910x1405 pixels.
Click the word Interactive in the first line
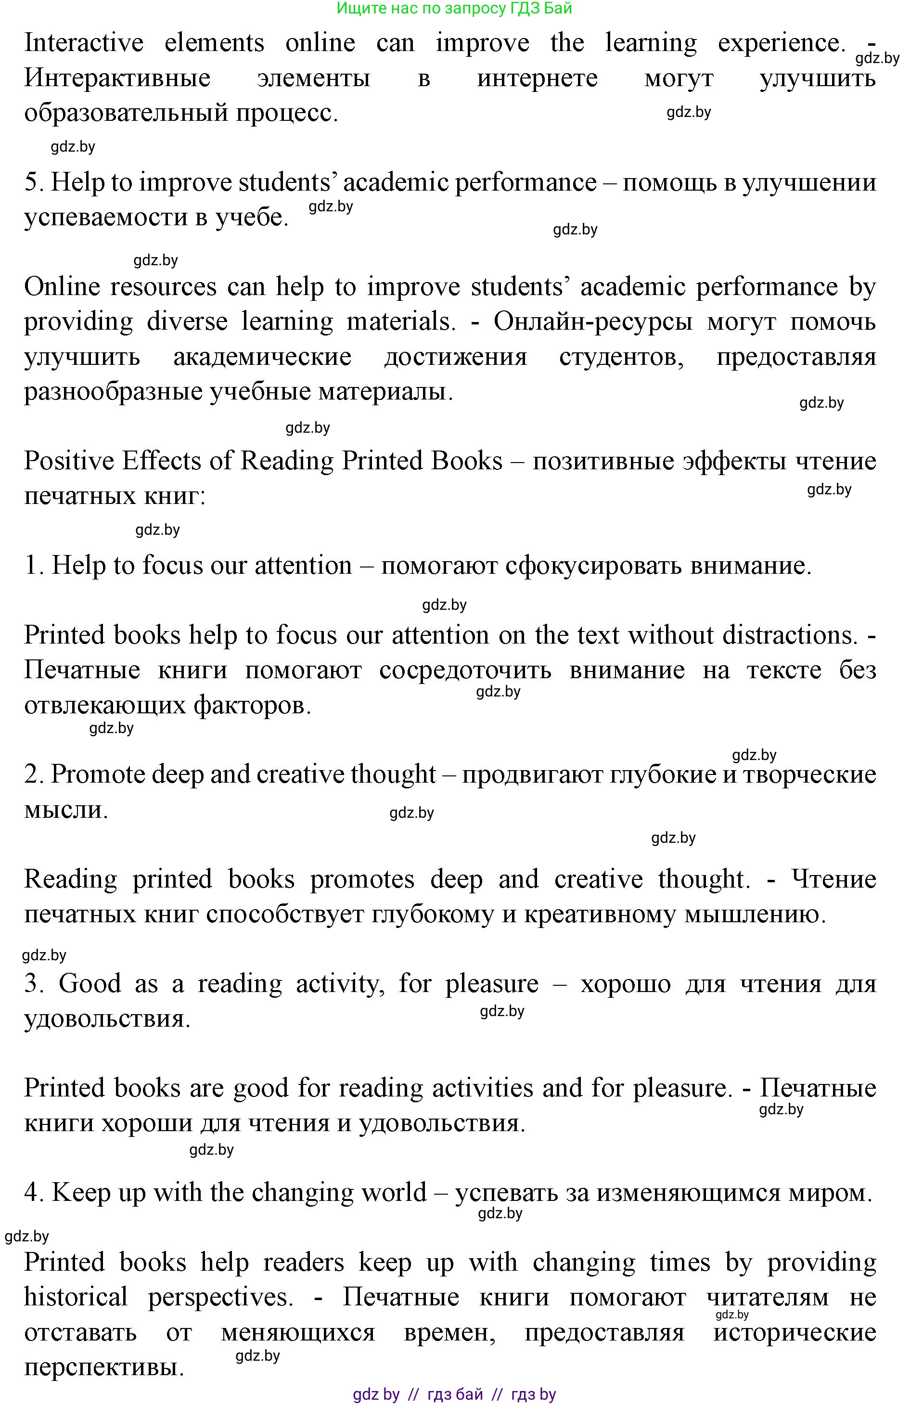[84, 43]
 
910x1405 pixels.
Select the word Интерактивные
[117, 78]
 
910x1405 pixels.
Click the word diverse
[187, 322]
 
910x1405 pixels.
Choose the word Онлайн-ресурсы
[592, 322]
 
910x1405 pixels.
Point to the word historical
[76, 1297]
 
